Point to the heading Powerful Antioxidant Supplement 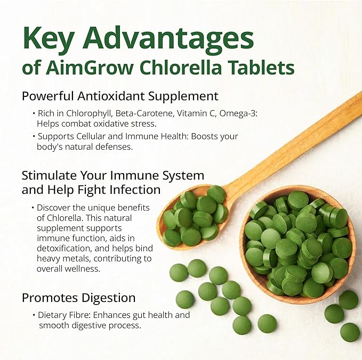[x=120, y=96]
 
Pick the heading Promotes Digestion [x=78, y=297]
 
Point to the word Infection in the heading [x=133, y=189]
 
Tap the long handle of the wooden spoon [x=299, y=138]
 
